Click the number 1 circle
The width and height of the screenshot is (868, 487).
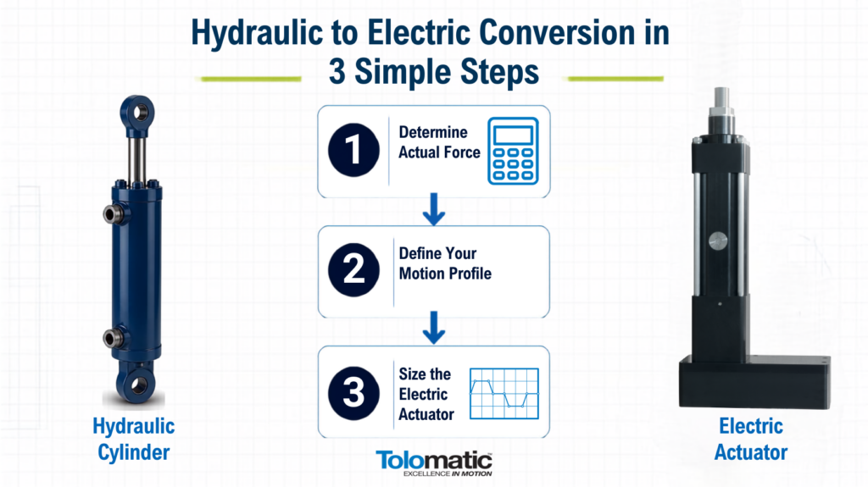point(353,150)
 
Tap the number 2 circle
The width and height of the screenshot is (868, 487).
point(353,270)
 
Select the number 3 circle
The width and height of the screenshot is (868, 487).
point(353,393)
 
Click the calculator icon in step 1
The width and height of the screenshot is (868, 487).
point(513,151)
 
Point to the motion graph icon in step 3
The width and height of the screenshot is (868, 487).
point(504,394)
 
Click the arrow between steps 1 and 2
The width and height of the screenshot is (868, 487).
point(434,209)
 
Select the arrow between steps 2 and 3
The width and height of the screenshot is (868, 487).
point(434,328)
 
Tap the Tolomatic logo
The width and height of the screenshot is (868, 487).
point(434,463)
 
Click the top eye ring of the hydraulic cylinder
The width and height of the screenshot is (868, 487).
point(137,113)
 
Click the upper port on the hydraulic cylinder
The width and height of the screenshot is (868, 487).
point(114,214)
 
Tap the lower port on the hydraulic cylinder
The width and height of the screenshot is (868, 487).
point(114,338)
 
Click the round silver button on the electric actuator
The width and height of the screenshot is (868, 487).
point(718,241)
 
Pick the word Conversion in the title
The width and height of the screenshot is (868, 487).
point(557,32)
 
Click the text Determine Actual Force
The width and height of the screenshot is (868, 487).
point(440,142)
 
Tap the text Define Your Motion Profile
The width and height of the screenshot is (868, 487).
point(445,263)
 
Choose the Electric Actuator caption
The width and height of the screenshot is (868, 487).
point(751,440)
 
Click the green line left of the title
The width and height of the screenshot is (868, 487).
point(251,79)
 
